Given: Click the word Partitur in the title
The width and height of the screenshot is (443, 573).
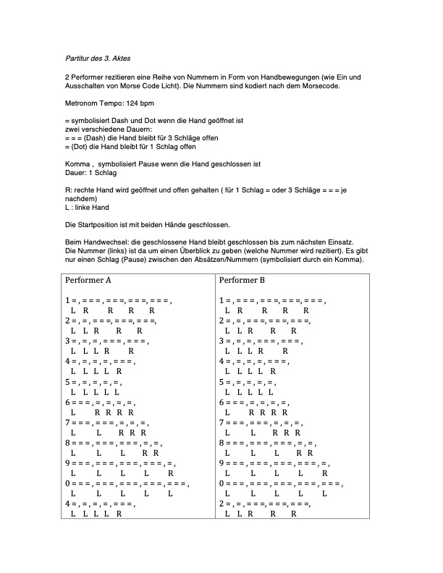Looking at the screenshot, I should pos(76,58).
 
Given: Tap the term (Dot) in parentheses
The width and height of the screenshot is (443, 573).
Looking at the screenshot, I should pos(80,147).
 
